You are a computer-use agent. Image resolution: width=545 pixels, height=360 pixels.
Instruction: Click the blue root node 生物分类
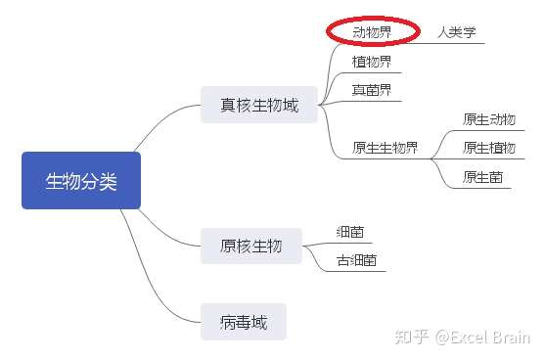pyautogui.click(x=81, y=181)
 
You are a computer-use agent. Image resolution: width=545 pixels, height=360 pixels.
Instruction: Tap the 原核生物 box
pyautogui.click(x=250, y=246)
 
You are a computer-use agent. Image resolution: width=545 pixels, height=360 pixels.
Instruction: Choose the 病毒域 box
pyautogui.click(x=244, y=320)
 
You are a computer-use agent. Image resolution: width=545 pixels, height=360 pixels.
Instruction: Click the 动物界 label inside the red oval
pyautogui.click(x=372, y=31)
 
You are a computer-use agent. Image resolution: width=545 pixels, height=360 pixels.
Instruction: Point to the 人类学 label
pyautogui.click(x=456, y=31)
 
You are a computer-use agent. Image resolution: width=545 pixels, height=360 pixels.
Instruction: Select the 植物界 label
pyautogui.click(x=372, y=61)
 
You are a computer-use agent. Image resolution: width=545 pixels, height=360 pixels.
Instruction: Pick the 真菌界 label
pyautogui.click(x=372, y=90)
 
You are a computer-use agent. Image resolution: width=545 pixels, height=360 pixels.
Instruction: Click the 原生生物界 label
pyautogui.click(x=385, y=149)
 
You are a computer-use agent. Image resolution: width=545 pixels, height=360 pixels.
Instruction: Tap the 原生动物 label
pyautogui.click(x=489, y=119)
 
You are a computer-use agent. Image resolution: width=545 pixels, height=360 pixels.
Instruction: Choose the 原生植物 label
pyautogui.click(x=489, y=148)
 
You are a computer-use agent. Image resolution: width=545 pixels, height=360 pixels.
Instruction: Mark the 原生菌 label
pyautogui.click(x=483, y=177)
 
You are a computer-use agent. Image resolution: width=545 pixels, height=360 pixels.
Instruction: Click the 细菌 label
pyautogui.click(x=350, y=232)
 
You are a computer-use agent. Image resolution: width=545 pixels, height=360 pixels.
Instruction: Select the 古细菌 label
pyautogui.click(x=356, y=261)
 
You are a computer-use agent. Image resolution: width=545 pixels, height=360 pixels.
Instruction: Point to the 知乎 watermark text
pyautogui.click(x=411, y=337)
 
